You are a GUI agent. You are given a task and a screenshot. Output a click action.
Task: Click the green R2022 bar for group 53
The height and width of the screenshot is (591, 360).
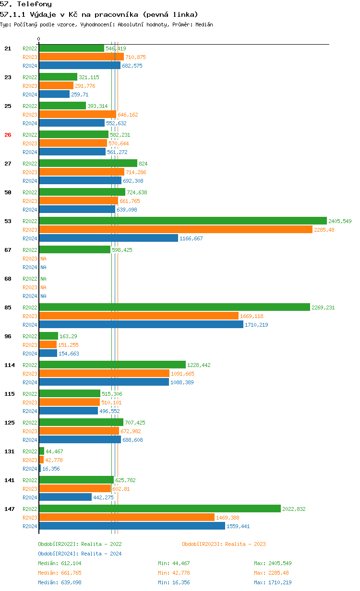coord(182,221)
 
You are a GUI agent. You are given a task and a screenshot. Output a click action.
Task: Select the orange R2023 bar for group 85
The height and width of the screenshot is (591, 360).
coord(139,316)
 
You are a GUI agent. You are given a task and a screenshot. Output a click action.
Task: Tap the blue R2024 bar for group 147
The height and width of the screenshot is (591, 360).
coord(132,526)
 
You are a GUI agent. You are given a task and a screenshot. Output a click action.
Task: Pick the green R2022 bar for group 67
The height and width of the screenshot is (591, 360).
coord(74,250)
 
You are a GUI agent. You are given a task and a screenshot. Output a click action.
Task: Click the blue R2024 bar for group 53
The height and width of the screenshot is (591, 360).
coord(108,238)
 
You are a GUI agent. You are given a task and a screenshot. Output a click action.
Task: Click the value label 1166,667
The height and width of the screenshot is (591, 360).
coord(191,238)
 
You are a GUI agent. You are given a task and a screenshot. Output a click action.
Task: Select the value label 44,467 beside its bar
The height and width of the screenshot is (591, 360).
coord(54,451)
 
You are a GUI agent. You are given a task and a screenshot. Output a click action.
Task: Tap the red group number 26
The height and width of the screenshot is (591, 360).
coord(8,135)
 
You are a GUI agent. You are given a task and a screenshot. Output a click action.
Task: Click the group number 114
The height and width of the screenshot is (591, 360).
coord(10,365)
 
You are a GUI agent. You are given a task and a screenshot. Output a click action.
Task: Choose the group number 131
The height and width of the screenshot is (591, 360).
coord(10,451)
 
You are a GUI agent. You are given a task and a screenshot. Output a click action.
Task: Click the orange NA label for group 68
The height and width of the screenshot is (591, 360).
coord(43,287)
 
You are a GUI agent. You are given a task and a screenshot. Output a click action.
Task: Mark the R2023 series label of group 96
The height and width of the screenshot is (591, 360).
coord(30,345)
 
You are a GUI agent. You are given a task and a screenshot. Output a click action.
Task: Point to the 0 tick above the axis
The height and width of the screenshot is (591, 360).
coord(39,39)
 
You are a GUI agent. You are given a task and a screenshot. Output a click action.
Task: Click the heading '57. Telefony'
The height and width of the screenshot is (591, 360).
coord(26,4)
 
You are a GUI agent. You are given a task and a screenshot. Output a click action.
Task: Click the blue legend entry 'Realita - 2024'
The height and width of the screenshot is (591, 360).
coord(101,554)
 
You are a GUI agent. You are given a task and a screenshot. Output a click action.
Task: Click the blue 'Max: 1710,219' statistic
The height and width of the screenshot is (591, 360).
coord(273,582)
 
